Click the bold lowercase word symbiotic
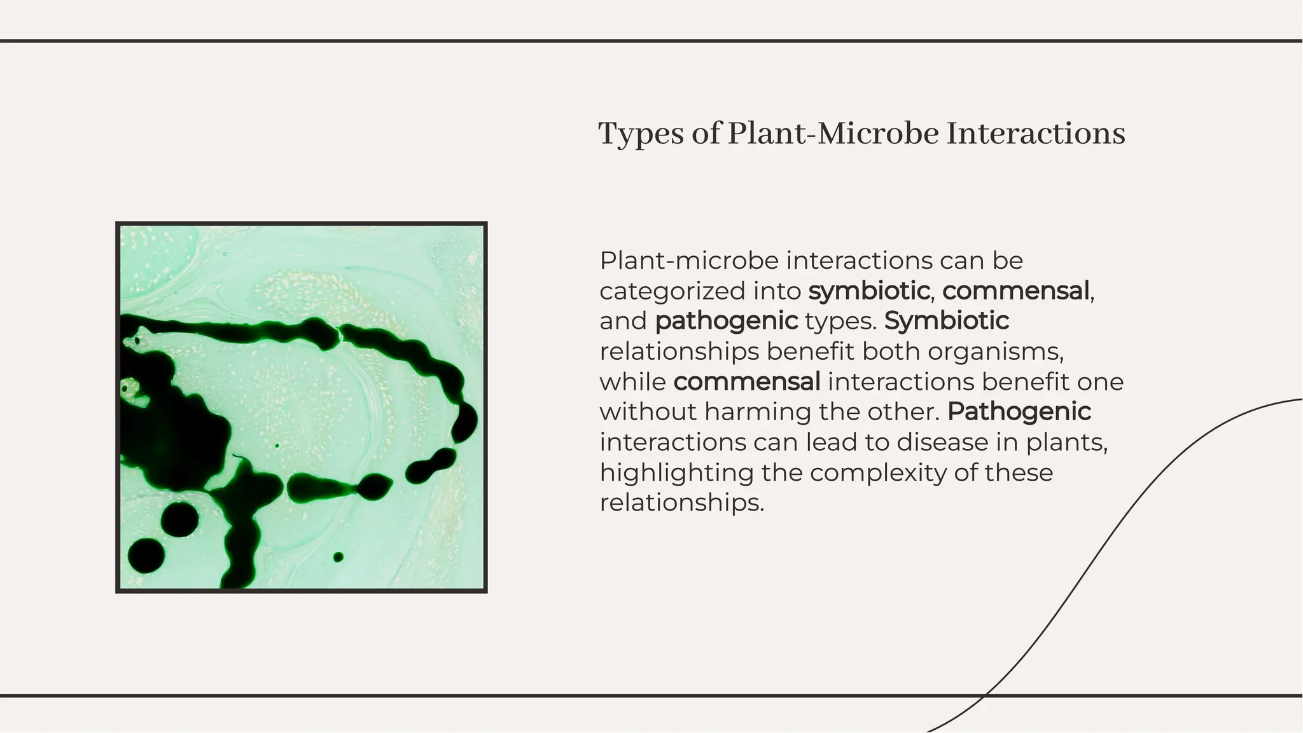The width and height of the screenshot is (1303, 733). click(x=869, y=291)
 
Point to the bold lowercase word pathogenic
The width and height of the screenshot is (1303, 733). click(x=726, y=321)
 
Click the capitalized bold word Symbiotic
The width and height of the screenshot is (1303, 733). click(x=946, y=321)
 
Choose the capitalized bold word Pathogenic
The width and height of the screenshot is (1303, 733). click(x=1019, y=411)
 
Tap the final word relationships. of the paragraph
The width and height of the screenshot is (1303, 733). click(x=681, y=503)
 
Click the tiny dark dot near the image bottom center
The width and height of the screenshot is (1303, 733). click(x=338, y=557)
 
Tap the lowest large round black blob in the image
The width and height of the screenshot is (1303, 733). click(x=146, y=555)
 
